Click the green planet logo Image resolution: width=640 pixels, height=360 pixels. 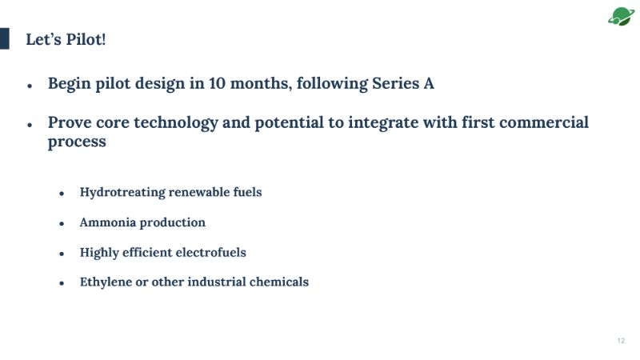[x=622, y=16]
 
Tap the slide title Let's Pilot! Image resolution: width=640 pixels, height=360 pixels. [x=66, y=39]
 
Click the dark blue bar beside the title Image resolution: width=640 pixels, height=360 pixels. [x=5, y=38]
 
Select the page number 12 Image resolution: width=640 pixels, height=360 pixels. [x=621, y=341]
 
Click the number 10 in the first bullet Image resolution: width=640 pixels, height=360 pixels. [x=217, y=83]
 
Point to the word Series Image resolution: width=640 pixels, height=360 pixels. [x=395, y=83]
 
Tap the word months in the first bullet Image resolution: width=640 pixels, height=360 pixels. [x=261, y=84]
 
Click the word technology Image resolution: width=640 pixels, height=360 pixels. [x=176, y=123]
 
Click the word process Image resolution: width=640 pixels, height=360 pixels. [x=77, y=142]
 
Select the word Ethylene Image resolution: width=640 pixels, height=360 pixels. [x=106, y=282]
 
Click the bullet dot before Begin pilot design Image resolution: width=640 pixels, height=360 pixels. [x=30, y=86]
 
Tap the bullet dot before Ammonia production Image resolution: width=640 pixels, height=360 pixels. [x=62, y=224]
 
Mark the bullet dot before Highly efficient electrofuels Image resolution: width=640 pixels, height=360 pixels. [x=62, y=254]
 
